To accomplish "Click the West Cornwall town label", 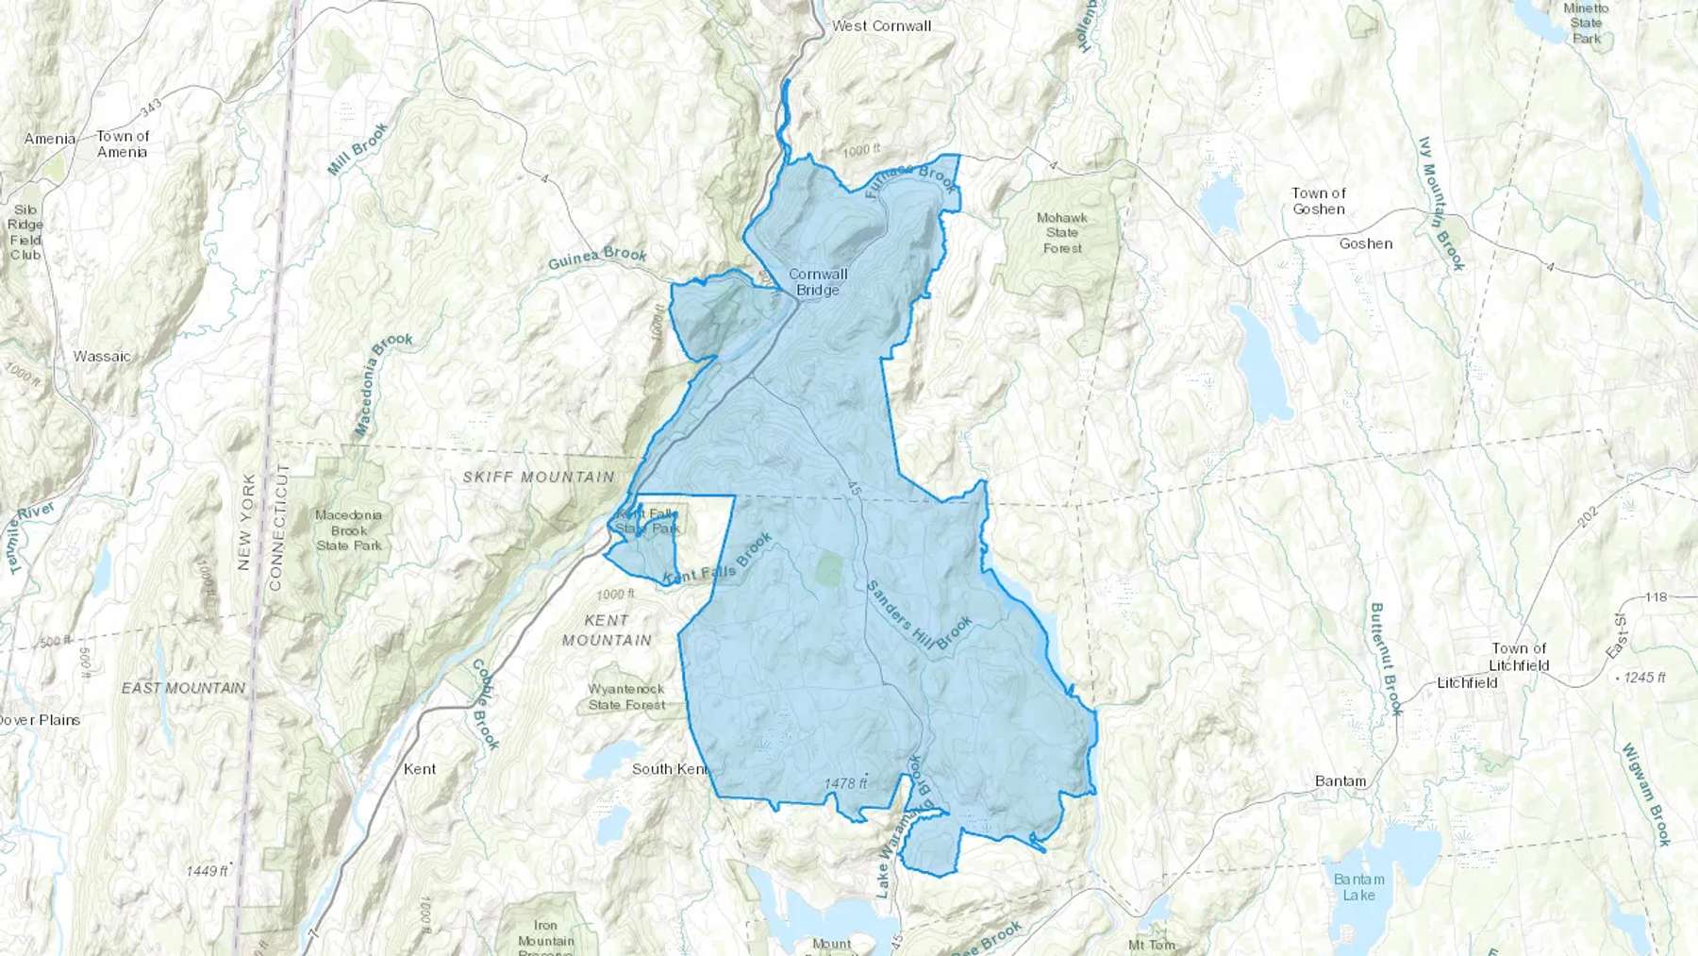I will tap(881, 26).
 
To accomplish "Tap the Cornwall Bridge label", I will tap(818, 282).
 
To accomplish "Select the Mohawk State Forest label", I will tap(1062, 233).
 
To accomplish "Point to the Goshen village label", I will tap(1365, 243).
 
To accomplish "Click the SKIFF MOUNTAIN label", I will tap(539, 478).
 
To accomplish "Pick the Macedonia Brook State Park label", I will tap(349, 530).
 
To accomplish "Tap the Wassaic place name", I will tap(102, 357).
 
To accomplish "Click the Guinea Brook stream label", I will tap(597, 257).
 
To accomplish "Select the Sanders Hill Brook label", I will tap(919, 616).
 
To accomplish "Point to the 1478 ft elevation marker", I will tap(845, 783).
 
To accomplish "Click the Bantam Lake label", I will tap(1359, 887).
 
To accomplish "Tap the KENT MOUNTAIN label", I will tap(607, 630).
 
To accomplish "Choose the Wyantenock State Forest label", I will tap(626, 697).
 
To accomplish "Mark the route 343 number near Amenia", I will tap(150, 106).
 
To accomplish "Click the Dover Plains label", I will tap(40, 720).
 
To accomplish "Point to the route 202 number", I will tap(1588, 516).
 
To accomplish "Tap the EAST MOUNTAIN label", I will tap(183, 688).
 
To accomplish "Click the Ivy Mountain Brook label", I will tap(1440, 204).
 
